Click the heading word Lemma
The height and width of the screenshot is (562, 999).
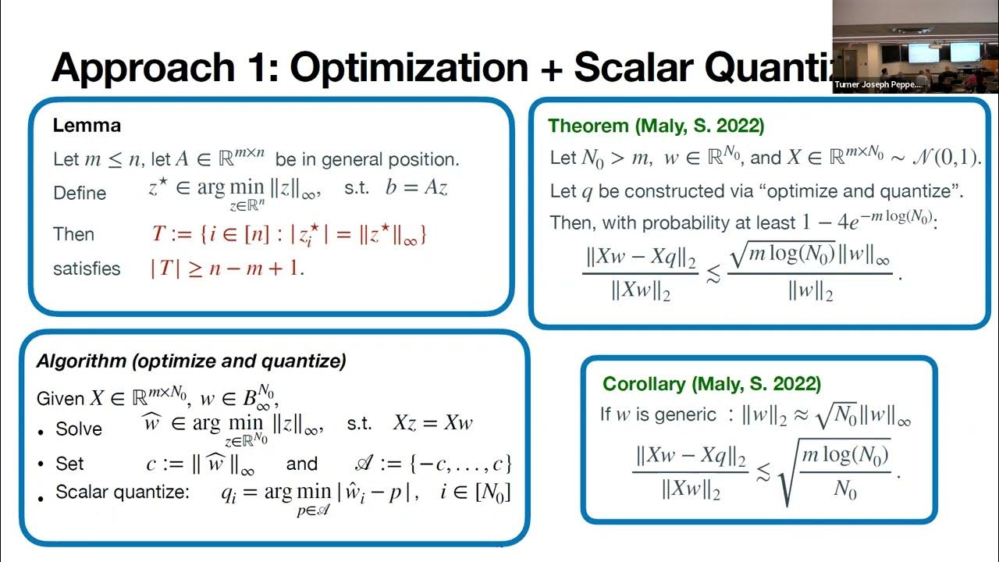86,125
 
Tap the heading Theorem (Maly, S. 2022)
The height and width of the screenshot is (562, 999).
656,125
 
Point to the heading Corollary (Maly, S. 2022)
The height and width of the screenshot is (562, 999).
711,384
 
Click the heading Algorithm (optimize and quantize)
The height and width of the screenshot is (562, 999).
191,361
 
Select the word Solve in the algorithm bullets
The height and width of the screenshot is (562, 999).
79,429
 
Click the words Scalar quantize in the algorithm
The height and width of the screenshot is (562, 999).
123,493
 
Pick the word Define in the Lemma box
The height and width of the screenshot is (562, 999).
80,192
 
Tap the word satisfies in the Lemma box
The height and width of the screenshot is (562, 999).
87,269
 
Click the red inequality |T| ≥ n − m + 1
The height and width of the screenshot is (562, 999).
226,269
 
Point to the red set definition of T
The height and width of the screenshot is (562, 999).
289,233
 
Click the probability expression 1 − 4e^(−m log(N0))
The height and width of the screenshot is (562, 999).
867,221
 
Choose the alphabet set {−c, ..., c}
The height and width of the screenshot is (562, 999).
432,464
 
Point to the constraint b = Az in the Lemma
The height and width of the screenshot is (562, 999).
416,188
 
